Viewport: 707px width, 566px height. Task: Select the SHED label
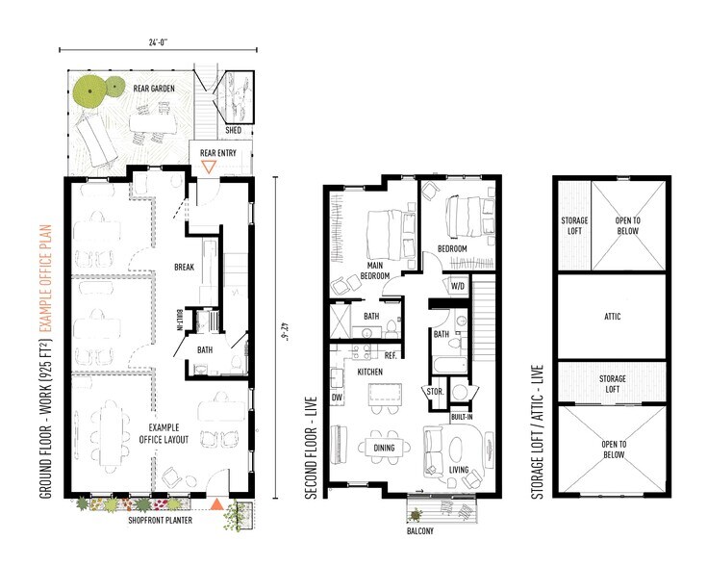click(232, 130)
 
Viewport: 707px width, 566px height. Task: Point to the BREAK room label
click(186, 267)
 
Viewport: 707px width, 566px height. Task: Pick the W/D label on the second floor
click(459, 286)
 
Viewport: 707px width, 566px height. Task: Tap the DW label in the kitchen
click(337, 396)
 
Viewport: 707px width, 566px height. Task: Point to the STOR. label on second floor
click(433, 392)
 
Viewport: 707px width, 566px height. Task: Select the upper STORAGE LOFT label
click(574, 225)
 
